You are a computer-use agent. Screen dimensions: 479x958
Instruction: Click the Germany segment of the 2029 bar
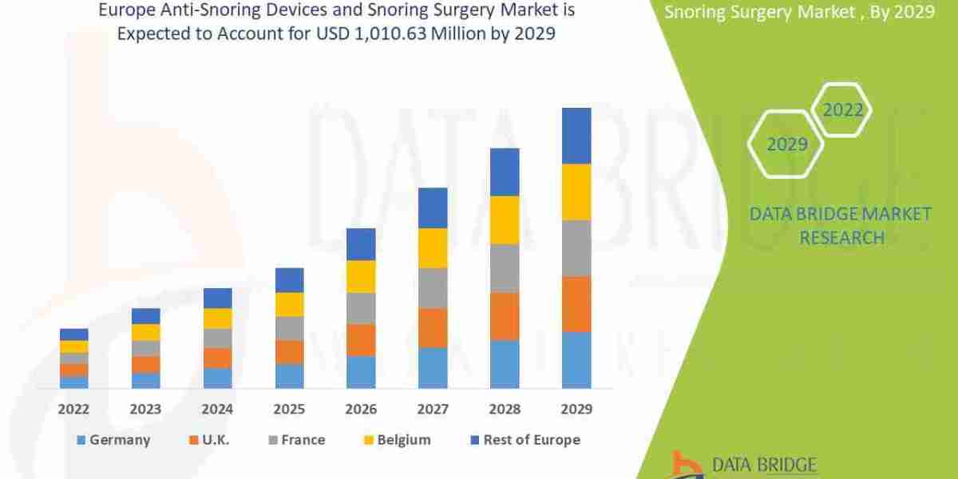click(576, 360)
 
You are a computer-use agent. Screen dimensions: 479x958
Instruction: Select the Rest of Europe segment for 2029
click(576, 136)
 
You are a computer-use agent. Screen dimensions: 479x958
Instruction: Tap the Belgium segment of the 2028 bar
click(505, 220)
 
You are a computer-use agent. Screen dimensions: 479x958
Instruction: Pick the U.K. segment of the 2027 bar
click(433, 327)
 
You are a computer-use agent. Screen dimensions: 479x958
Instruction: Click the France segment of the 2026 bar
click(361, 308)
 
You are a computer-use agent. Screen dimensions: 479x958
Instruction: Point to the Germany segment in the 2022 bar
click(74, 382)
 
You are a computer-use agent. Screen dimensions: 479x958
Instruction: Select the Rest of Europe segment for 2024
click(218, 298)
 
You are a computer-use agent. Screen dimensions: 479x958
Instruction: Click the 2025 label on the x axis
click(290, 409)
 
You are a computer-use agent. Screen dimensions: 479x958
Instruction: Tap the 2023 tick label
click(146, 409)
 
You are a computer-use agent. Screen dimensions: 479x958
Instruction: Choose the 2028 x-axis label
click(505, 409)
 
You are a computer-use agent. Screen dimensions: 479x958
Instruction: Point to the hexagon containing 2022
click(842, 110)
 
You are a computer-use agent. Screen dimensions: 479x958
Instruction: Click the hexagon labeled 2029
click(786, 144)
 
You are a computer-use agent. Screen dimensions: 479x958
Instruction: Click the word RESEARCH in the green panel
click(841, 237)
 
